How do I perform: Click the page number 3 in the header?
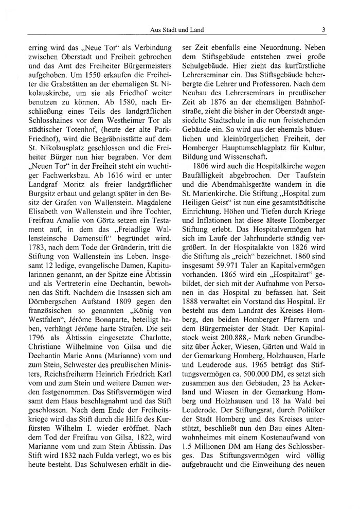click(323, 30)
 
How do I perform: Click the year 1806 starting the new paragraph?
click(200, 163)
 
